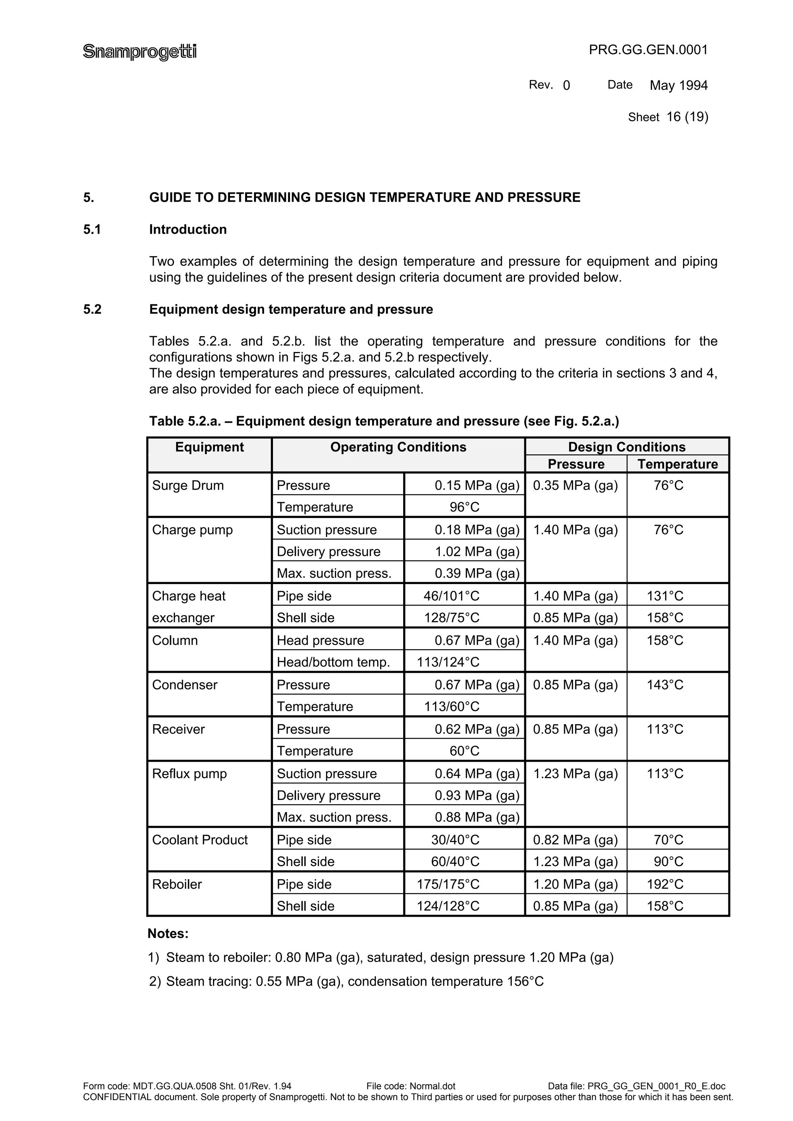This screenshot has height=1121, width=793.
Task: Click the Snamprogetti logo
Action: [140, 51]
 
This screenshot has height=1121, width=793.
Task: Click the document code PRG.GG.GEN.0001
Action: [648, 50]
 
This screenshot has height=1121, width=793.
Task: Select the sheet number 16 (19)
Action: [687, 117]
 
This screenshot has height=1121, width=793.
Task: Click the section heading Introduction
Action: [188, 229]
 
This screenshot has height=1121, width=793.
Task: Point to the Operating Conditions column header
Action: [398, 447]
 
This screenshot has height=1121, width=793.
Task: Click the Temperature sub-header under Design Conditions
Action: [677, 464]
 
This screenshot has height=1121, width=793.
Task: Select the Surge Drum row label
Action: [188, 485]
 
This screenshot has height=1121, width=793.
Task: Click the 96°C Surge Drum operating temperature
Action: [464, 507]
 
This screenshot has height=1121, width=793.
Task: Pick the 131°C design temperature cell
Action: [664, 596]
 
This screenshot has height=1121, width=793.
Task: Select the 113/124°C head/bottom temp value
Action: [448, 662]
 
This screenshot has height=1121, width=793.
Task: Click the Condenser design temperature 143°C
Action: [664, 685]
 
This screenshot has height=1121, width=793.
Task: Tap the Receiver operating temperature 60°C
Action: [464, 751]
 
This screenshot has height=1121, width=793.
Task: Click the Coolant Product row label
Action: [199, 840]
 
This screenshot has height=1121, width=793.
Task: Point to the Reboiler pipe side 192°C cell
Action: [664, 884]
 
